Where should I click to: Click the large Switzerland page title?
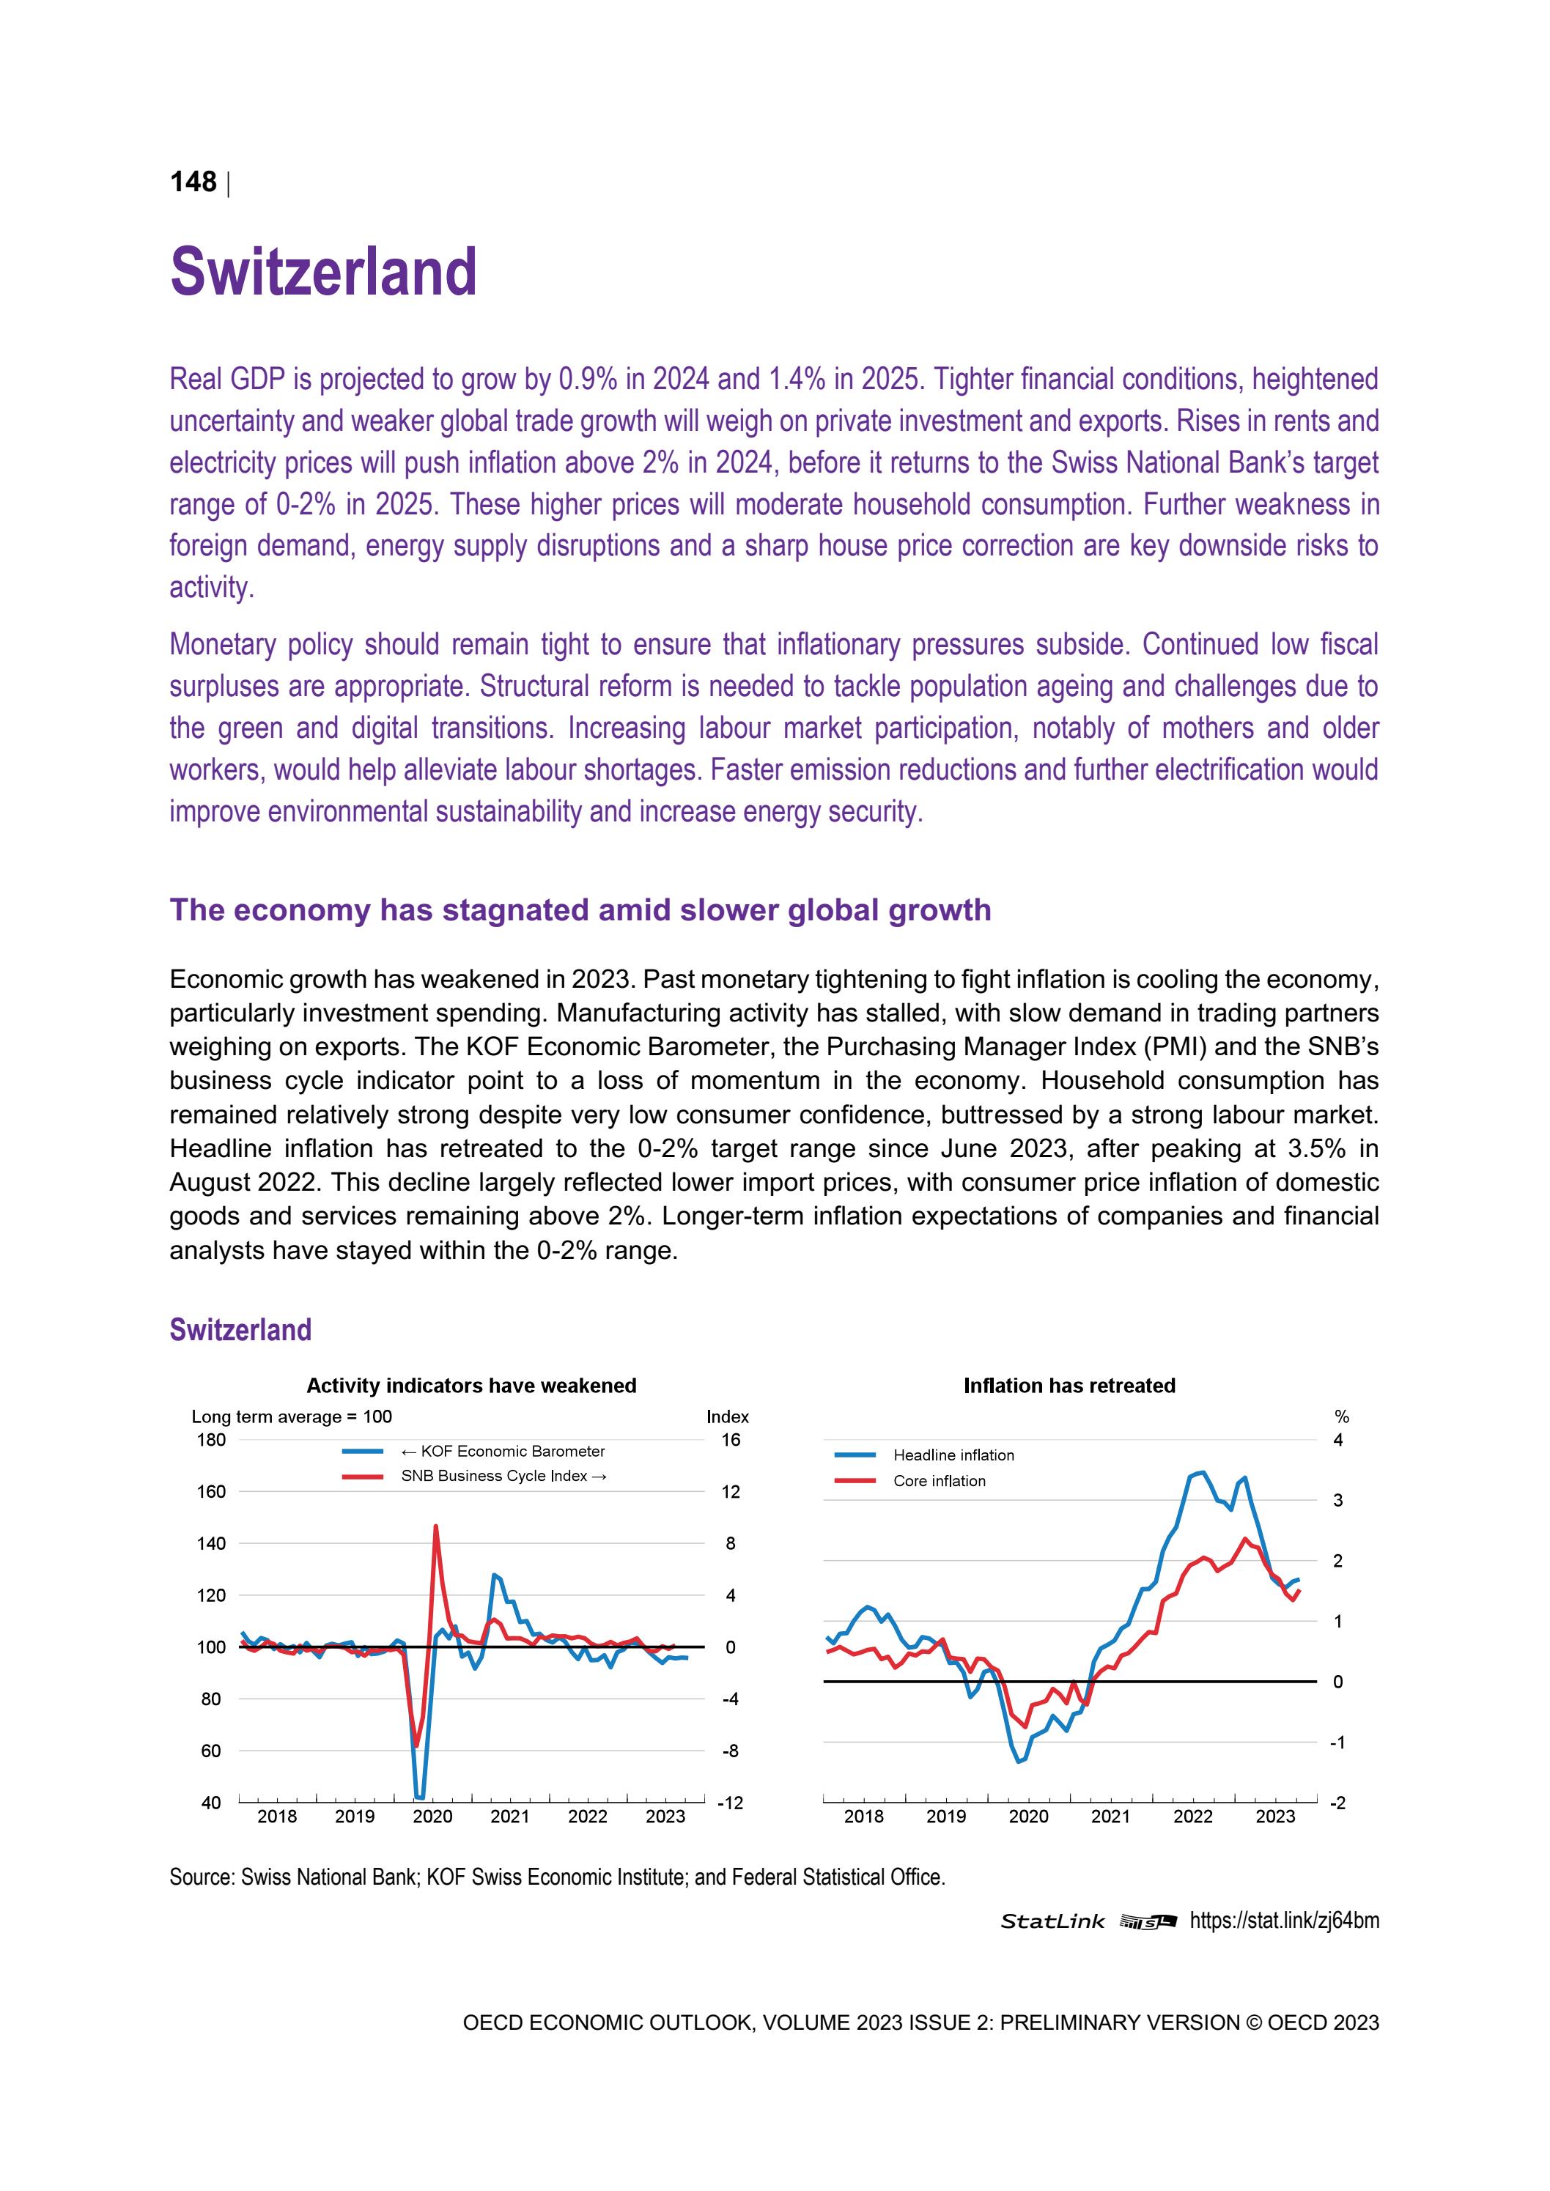coord(322,272)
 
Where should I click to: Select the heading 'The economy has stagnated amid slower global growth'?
coord(580,909)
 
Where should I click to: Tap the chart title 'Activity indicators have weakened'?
coord(470,1386)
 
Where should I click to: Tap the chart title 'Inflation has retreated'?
coord(1069,1386)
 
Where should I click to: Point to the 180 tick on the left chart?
coord(211,1440)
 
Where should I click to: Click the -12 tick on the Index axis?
coord(729,1803)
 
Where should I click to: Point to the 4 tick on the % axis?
coord(1337,1440)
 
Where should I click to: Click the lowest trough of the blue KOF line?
coord(419,1797)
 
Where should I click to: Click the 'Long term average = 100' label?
coord(291,1416)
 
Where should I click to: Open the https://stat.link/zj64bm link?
coord(1284,1921)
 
